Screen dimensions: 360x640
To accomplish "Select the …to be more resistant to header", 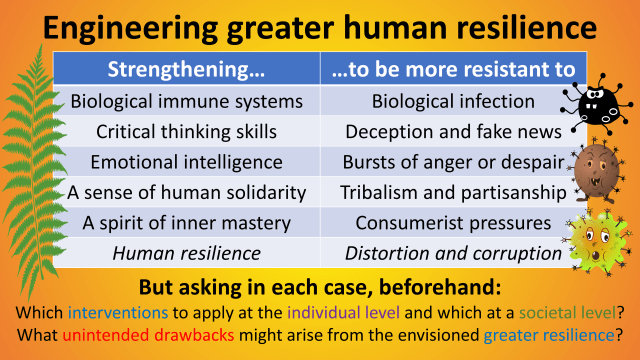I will [x=453, y=69].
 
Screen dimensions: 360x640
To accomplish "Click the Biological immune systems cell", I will [x=188, y=101].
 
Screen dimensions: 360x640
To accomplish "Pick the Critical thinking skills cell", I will [x=188, y=131].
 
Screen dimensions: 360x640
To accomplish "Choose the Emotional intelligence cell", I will [x=188, y=161].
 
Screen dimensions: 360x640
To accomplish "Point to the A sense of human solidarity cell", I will [x=188, y=192].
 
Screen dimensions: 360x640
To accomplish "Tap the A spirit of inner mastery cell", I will [x=188, y=222].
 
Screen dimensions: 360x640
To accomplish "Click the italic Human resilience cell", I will [x=188, y=253].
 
